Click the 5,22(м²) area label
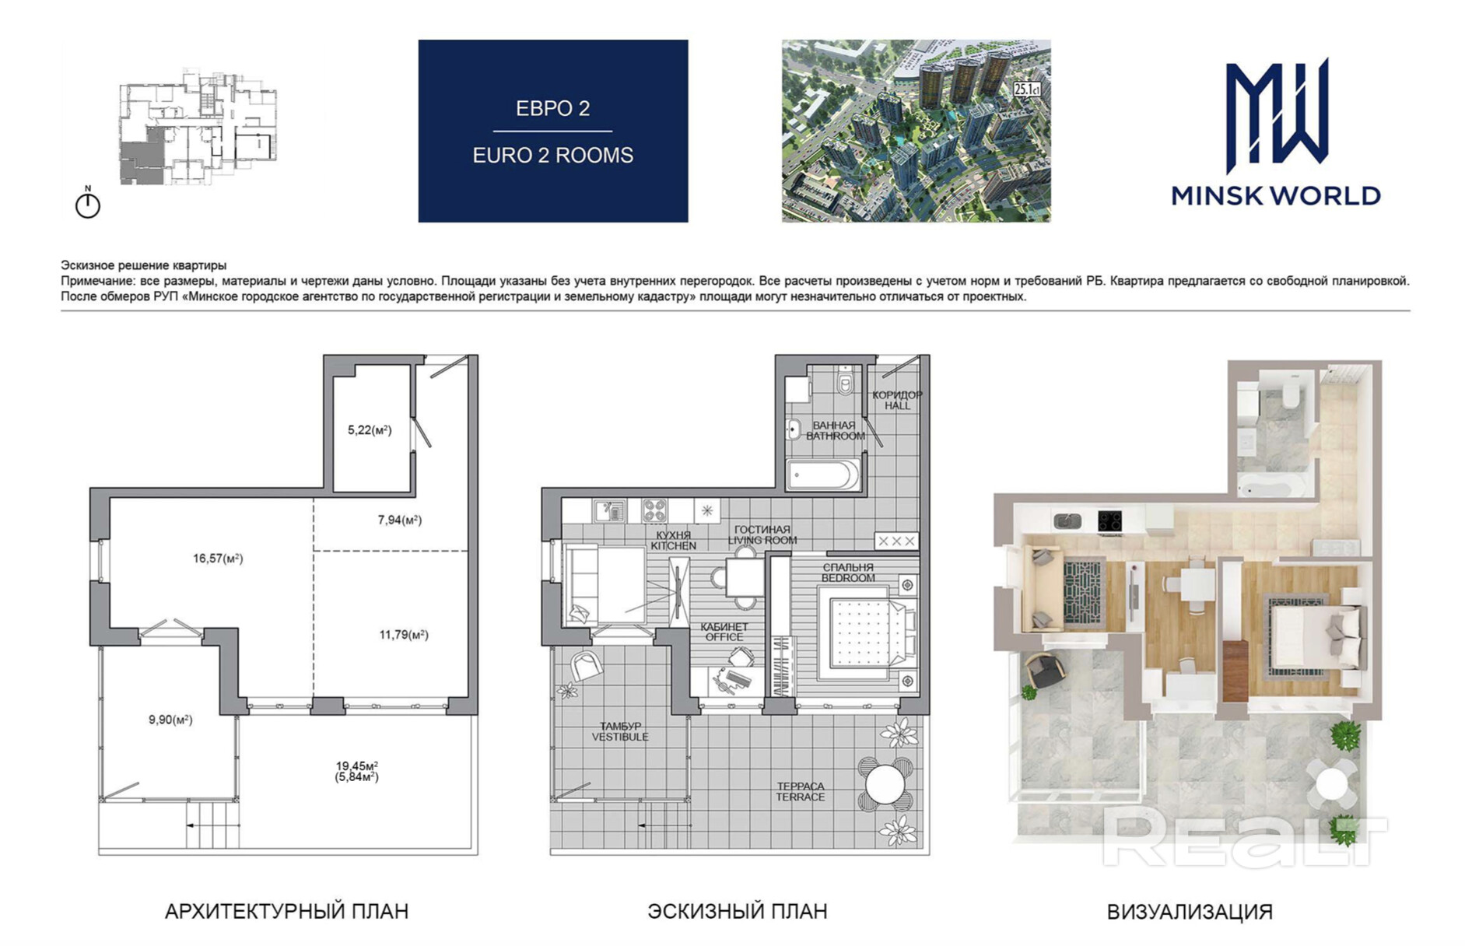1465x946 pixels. click(x=370, y=429)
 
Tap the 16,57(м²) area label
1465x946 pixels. click(x=218, y=558)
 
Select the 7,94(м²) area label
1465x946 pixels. click(x=400, y=520)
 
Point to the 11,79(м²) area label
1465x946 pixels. click(x=404, y=635)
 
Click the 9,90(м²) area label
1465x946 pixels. click(x=170, y=720)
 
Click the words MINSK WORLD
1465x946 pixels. click(x=1276, y=195)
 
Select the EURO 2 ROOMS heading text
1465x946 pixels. click(x=553, y=156)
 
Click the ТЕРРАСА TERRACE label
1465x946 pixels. click(x=800, y=792)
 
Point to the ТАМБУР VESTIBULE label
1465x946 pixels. click(x=620, y=732)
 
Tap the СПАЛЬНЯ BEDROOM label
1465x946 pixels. click(x=848, y=573)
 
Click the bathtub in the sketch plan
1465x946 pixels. click(x=823, y=475)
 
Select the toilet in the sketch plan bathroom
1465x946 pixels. click(x=846, y=381)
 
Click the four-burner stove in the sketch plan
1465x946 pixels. click(x=654, y=510)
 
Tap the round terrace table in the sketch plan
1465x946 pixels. click(x=885, y=784)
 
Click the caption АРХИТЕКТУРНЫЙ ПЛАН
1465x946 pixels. click(x=286, y=911)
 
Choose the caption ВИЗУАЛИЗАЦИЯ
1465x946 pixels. click(x=1190, y=912)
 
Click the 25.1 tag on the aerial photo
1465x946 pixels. click(x=1027, y=89)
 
